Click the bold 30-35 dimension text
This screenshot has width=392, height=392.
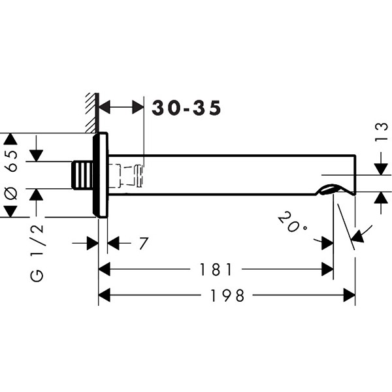[x=186, y=108]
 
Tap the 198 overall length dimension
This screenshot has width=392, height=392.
[x=227, y=296]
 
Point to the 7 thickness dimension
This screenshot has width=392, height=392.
[x=144, y=244]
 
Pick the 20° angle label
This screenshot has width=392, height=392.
[x=292, y=223]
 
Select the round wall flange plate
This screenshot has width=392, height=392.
[x=100, y=176]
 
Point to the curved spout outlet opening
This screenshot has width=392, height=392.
[x=331, y=190]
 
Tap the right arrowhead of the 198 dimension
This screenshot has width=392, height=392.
[x=350, y=296]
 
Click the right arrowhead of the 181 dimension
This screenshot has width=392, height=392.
[x=327, y=269]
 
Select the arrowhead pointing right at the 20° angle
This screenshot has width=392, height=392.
[x=327, y=242]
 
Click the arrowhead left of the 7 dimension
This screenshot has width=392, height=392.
[x=92, y=244]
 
